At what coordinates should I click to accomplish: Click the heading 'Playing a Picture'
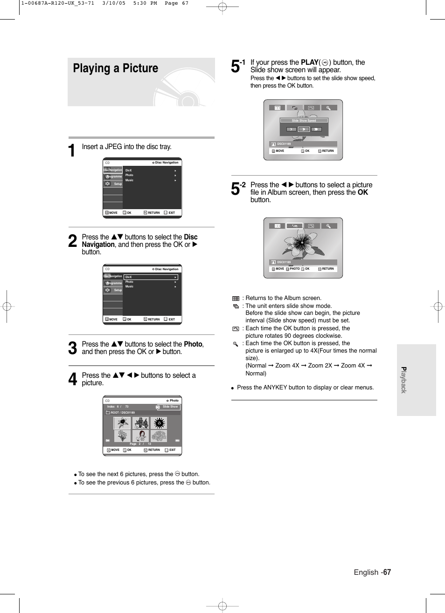coord(115,68)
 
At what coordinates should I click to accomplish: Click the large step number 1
coord(72,150)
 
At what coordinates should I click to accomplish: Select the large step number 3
coord(72,348)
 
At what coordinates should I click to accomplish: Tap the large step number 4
coord(72,379)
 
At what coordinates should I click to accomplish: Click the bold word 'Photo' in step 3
coord(193,344)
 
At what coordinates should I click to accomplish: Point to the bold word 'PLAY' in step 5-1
coord(309,62)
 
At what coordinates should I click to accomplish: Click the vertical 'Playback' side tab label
coord(404,380)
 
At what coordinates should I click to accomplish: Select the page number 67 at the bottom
coord(387,572)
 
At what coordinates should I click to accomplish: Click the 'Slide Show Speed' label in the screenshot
coord(304,121)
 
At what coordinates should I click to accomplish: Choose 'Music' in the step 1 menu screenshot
coord(129,180)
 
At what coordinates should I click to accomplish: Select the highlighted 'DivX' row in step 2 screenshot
coord(150,277)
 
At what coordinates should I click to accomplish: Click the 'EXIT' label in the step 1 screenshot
coord(172,213)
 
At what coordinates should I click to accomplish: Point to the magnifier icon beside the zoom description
coord(236,344)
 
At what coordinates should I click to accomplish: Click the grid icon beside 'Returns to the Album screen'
coord(236,299)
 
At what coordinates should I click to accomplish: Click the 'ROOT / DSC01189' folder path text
coord(122,413)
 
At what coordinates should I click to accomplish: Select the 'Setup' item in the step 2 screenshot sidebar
coord(118,290)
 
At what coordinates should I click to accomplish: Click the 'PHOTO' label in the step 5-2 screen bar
coord(294,269)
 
